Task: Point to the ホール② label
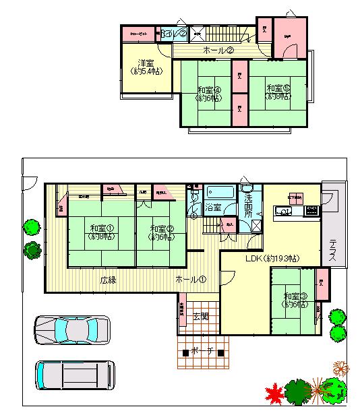click(218, 51)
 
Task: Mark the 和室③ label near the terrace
click(295, 301)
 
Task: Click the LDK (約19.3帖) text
click(272, 259)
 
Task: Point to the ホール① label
click(191, 280)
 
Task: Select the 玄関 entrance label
click(200, 316)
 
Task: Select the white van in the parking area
click(74, 374)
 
